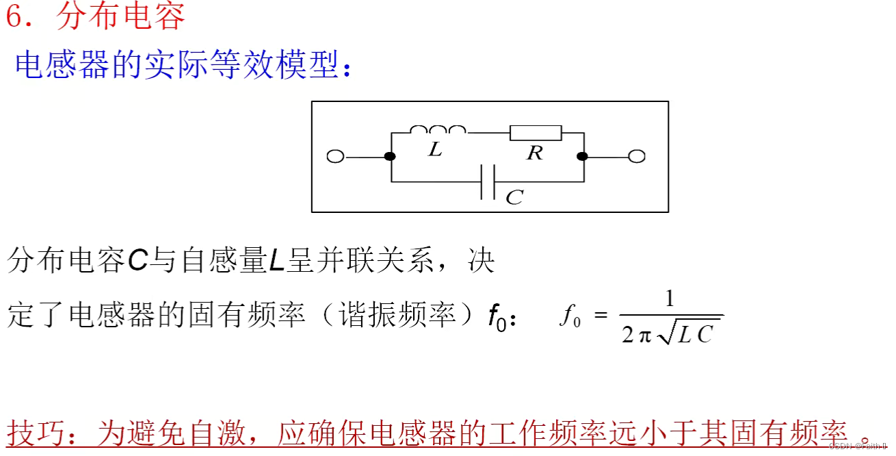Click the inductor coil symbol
tap(438, 129)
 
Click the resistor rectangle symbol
tap(536, 133)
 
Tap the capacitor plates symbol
tap(488, 182)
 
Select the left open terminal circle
tap(335, 157)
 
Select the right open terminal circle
tap(637, 157)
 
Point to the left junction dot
tap(390, 157)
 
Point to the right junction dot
tap(582, 157)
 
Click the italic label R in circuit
tap(534, 153)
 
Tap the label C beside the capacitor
tap(514, 198)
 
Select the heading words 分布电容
tap(120, 16)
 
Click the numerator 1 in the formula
tap(670, 299)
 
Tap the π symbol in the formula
tap(645, 335)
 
